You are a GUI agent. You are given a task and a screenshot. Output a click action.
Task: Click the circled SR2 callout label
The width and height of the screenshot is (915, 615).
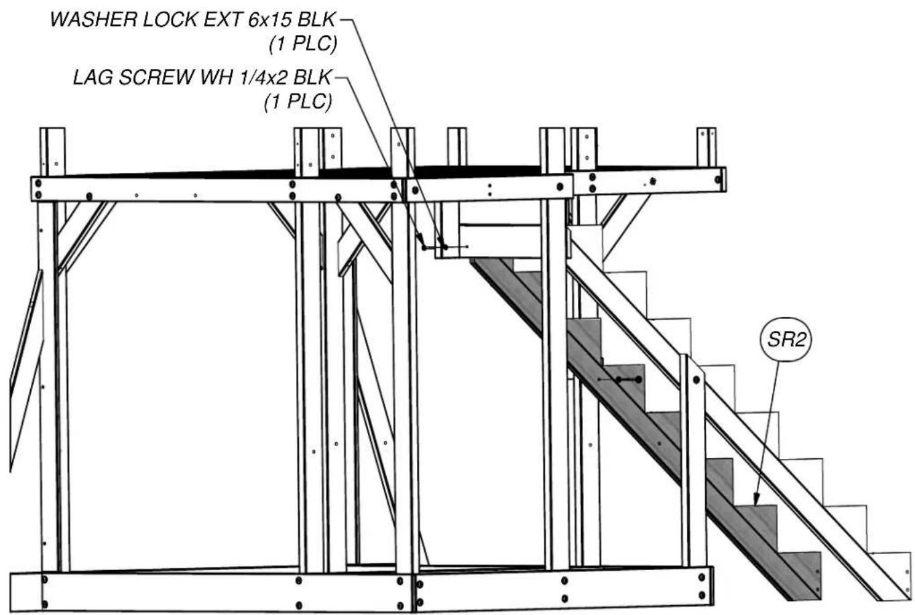786,340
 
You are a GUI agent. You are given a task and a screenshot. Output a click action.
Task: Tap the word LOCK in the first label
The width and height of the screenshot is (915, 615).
169,19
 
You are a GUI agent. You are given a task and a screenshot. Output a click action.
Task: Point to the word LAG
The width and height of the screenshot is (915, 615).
93,77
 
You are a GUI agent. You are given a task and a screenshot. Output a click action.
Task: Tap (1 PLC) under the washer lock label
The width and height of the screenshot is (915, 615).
303,44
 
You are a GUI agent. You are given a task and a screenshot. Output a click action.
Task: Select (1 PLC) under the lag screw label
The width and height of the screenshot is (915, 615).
298,102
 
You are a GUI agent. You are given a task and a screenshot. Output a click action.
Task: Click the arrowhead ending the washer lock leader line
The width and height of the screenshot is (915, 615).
441,242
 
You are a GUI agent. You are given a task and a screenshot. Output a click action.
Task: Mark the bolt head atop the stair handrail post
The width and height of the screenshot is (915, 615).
696,380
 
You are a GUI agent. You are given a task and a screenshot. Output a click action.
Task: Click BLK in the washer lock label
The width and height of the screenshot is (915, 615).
316,19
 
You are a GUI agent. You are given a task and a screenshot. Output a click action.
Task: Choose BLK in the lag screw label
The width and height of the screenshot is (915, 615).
312,77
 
